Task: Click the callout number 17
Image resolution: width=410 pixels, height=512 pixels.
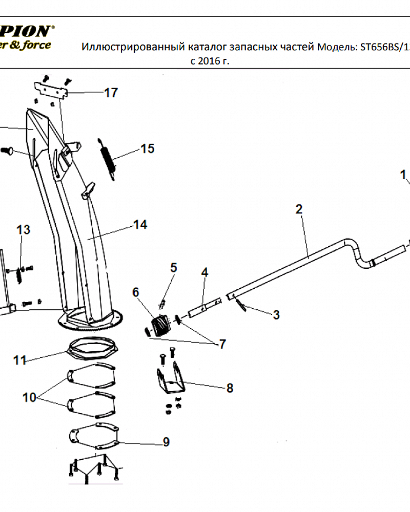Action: click(111, 93)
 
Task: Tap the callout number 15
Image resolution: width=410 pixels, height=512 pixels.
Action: click(148, 148)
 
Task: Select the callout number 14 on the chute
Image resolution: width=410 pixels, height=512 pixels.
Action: click(140, 224)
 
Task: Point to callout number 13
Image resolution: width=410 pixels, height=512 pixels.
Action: click(24, 229)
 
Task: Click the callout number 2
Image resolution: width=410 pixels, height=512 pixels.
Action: click(299, 209)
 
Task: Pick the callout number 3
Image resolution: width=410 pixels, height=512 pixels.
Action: click(276, 314)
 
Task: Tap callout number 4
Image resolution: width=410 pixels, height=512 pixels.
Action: click(204, 272)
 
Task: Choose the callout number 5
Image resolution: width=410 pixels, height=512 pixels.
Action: click(173, 267)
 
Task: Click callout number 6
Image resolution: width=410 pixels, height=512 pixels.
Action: click(135, 292)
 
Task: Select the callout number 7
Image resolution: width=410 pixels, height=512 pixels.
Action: click(222, 344)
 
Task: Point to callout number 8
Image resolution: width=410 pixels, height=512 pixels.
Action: click(230, 388)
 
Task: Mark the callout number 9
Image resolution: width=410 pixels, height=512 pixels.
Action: click(166, 442)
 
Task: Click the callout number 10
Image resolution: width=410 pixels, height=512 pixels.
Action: click(29, 397)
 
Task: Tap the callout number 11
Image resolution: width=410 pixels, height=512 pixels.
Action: click(19, 360)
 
